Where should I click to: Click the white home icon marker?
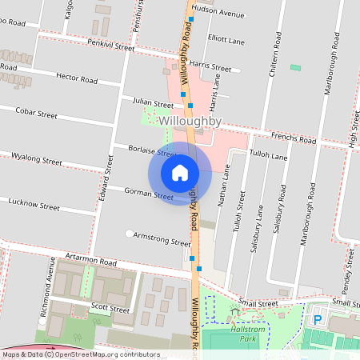[x=180, y=172]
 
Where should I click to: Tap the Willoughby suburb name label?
[x=190, y=120]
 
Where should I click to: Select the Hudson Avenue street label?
[x=218, y=14]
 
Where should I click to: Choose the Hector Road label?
[x=78, y=78]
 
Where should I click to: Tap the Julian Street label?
[x=153, y=104]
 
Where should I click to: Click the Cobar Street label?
[x=36, y=114]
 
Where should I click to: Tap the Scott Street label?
[x=110, y=308]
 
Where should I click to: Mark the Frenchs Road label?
[x=293, y=140]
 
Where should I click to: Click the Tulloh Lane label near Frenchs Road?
[x=268, y=156]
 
